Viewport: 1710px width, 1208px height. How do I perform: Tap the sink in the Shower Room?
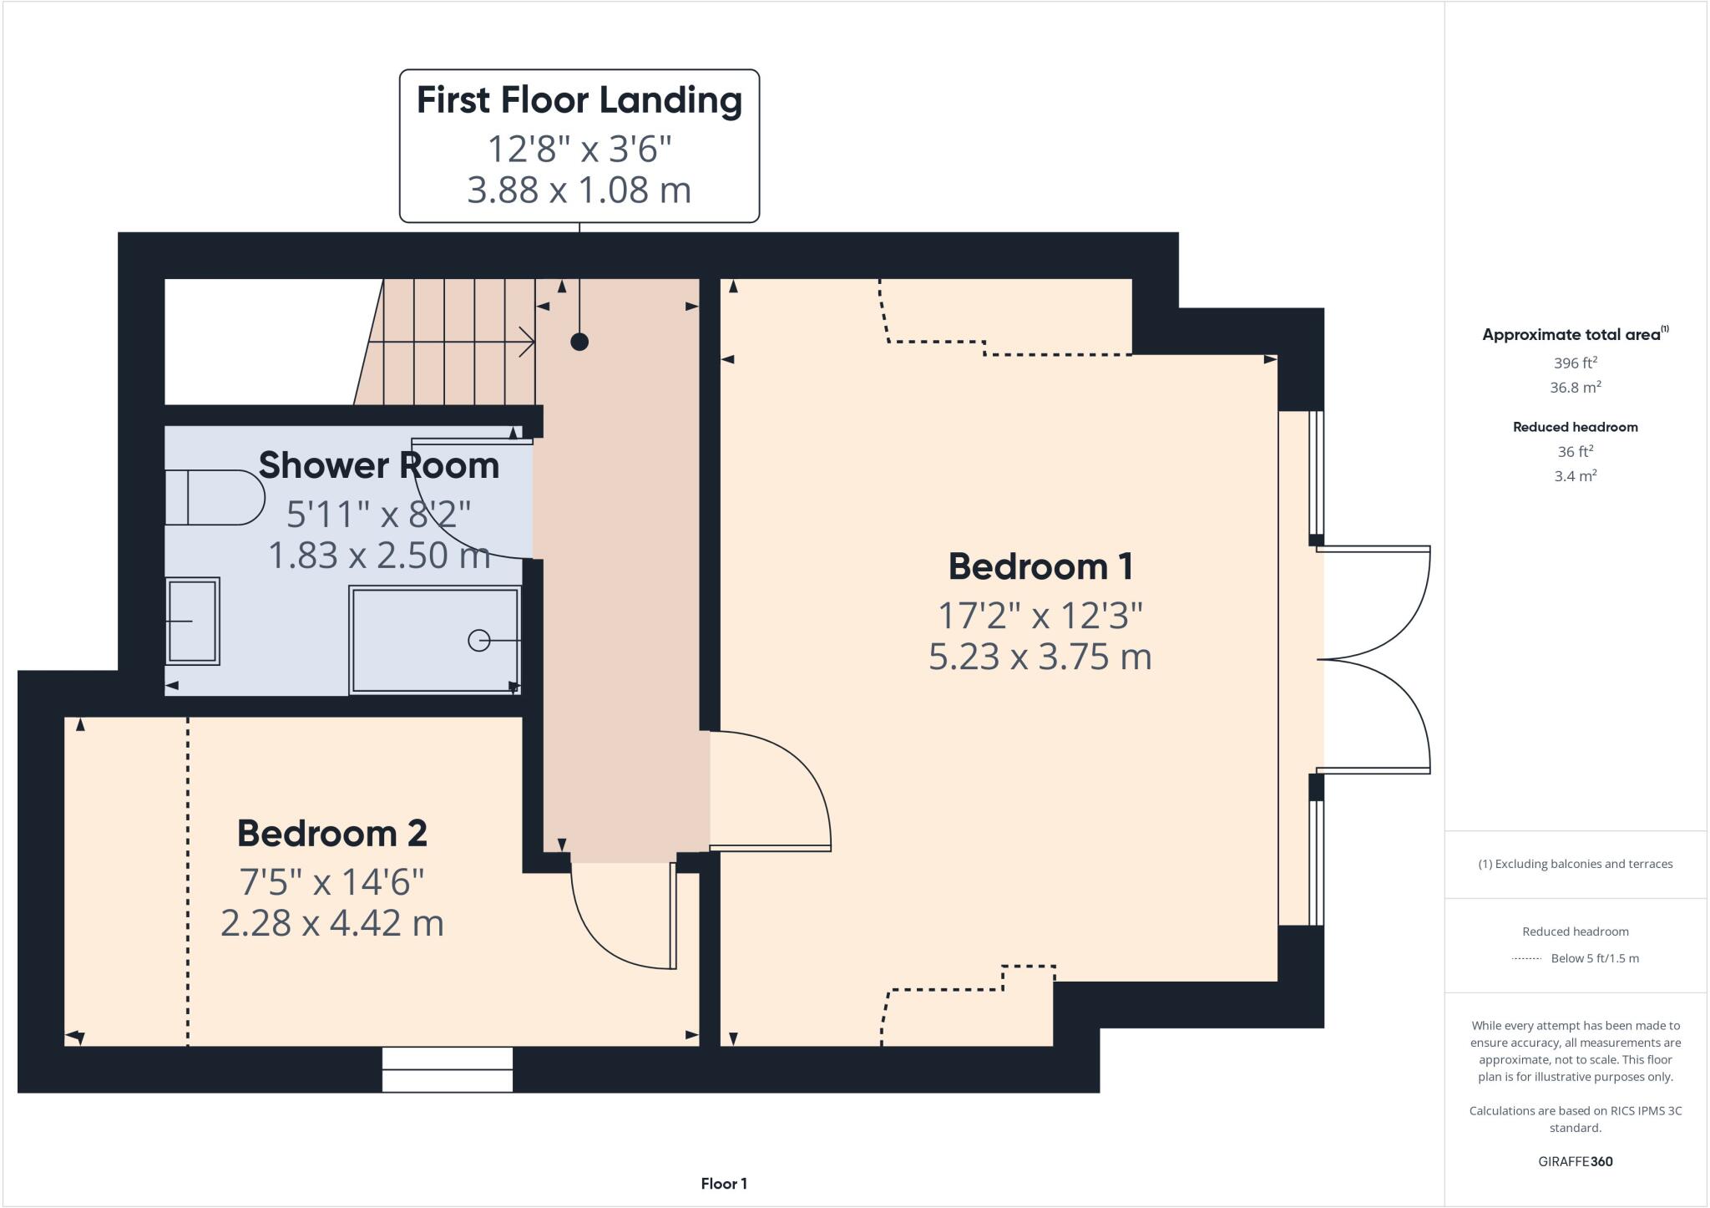[x=193, y=622]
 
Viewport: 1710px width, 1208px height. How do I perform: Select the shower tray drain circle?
[x=478, y=641]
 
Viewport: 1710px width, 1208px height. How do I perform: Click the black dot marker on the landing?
[x=579, y=342]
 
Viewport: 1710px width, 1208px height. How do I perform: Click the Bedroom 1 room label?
[x=1040, y=567]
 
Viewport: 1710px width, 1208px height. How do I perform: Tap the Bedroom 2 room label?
[x=332, y=834]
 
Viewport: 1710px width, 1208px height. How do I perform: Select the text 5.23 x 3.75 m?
[x=1040, y=657]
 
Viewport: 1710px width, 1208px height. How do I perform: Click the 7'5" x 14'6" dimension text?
[x=332, y=881]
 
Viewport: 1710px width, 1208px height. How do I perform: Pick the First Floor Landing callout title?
[x=579, y=100]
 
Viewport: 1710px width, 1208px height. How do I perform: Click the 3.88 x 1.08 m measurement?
[x=579, y=190]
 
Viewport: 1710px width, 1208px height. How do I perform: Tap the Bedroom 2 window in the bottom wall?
[x=448, y=1070]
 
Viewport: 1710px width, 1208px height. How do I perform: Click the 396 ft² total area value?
[x=1576, y=363]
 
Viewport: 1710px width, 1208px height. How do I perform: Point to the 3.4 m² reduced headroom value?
[x=1576, y=476]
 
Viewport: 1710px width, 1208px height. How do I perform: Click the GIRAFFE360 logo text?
[x=1576, y=1162]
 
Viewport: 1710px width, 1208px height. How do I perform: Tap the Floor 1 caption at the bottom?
[x=724, y=1184]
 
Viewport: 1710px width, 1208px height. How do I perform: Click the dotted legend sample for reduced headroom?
[x=1525, y=959]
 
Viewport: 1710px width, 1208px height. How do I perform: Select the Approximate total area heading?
[x=1571, y=335]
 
